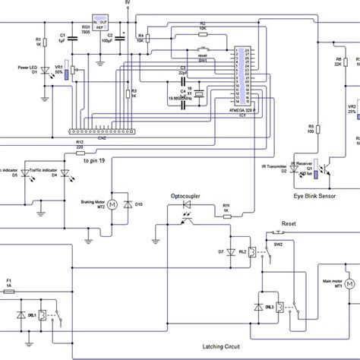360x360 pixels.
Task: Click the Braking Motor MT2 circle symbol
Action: tap(112, 204)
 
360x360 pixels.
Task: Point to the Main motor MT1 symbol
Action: tap(350, 283)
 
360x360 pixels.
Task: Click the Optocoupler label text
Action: tap(185, 195)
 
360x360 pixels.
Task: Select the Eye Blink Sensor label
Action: tap(316, 195)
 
